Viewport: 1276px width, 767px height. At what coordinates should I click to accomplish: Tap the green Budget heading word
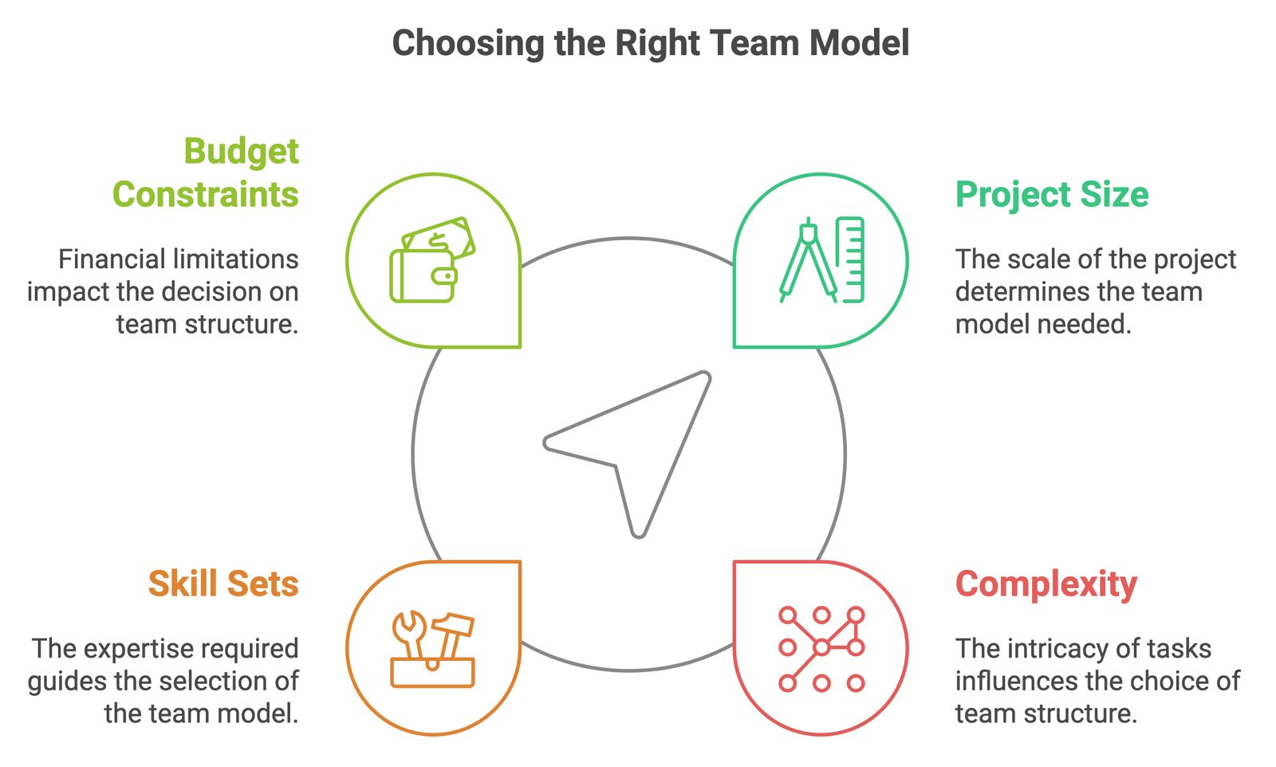241,152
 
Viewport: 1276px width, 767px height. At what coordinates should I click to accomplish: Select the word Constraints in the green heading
206,195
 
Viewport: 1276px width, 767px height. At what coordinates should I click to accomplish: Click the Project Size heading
1051,195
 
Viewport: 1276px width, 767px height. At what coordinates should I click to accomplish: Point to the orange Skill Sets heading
223,583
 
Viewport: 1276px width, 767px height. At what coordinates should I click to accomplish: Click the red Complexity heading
1046,584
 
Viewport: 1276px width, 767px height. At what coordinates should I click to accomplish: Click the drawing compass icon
807,261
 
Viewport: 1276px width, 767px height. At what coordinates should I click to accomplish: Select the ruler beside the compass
851,260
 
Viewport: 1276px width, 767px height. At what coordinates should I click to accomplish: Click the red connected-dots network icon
821,648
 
